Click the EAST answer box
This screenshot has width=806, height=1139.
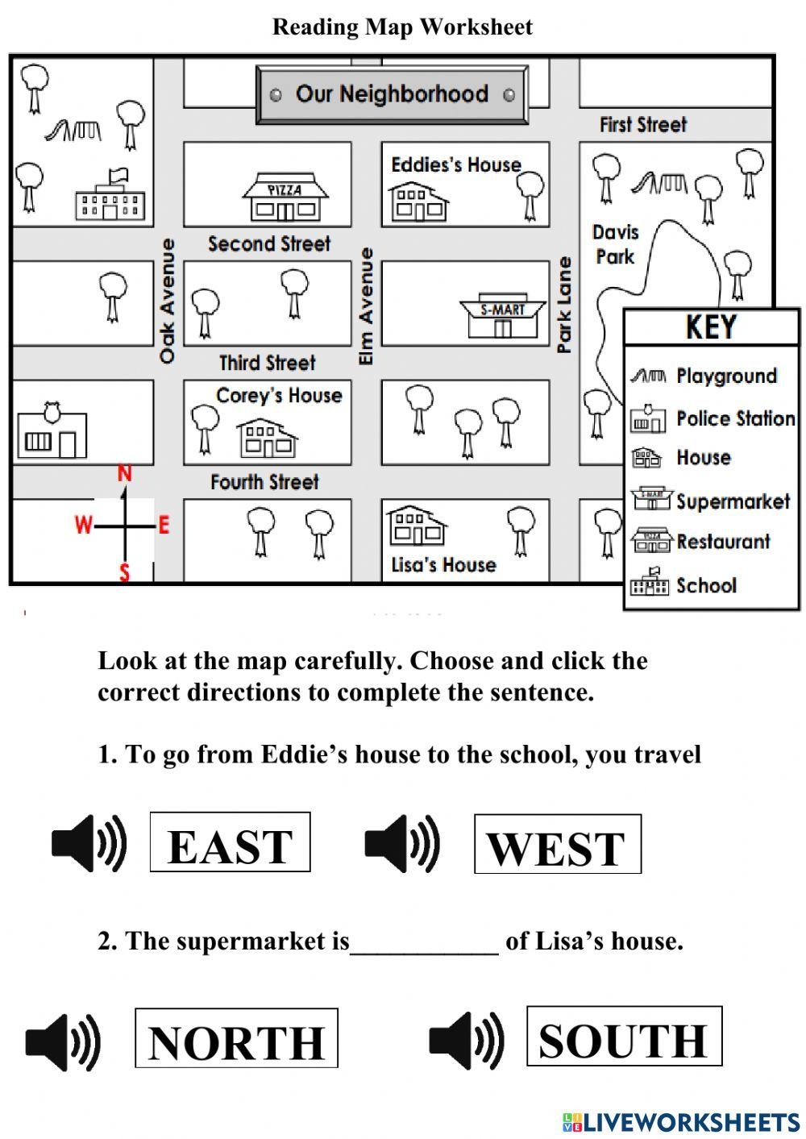click(230, 842)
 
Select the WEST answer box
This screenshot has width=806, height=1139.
click(557, 844)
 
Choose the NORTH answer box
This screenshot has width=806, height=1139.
click(236, 1038)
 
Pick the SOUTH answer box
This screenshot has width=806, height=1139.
click(624, 1036)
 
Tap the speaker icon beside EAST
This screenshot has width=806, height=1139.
click(89, 843)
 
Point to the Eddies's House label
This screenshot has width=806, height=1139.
click(456, 164)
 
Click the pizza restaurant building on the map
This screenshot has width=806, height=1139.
click(285, 197)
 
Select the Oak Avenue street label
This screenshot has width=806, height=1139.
click(167, 301)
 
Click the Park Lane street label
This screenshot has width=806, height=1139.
click(564, 305)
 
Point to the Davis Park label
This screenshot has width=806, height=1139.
click(616, 244)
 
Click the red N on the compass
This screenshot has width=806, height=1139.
click(124, 474)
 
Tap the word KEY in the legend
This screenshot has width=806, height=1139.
click(711, 327)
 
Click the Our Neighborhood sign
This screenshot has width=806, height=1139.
click(392, 94)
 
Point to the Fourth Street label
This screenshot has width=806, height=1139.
click(264, 482)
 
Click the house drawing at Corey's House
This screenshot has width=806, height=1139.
click(267, 437)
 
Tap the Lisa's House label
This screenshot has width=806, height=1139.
click(443, 564)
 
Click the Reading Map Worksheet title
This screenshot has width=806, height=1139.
click(402, 27)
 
